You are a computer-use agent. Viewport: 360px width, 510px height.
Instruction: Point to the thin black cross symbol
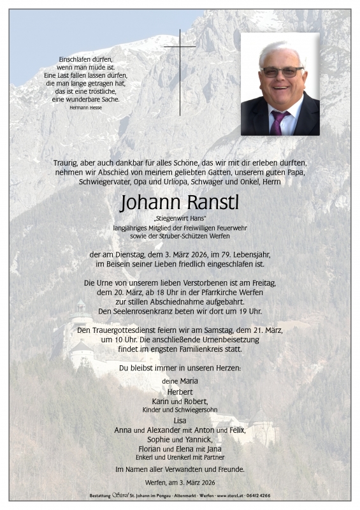click(180, 70)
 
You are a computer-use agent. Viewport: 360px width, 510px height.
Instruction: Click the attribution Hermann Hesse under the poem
click(85, 108)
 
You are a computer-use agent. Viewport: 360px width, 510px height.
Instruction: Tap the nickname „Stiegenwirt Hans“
click(180, 219)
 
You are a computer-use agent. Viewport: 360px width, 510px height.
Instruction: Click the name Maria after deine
click(189, 381)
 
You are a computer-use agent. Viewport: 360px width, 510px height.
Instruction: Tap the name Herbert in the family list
click(180, 391)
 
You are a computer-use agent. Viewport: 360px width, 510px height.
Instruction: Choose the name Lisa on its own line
click(180, 421)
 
